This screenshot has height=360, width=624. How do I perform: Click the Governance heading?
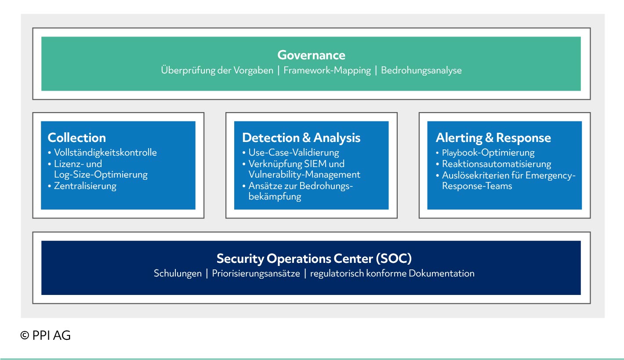(311, 55)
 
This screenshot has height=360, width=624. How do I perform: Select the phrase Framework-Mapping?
(327, 70)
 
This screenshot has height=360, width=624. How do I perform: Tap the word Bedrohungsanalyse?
(421, 70)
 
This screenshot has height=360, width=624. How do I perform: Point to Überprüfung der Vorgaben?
(217, 70)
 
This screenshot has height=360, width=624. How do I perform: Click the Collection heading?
(76, 138)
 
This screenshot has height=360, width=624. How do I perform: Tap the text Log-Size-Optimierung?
(101, 175)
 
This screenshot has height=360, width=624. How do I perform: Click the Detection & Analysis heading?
(301, 138)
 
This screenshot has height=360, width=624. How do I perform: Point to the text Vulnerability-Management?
(304, 175)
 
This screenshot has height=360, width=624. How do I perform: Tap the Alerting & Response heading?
(493, 138)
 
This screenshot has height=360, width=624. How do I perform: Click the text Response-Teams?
(477, 186)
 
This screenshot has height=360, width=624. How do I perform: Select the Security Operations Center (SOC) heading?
(314, 258)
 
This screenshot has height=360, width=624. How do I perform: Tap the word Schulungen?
(178, 273)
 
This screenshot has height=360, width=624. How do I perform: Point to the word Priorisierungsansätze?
(256, 273)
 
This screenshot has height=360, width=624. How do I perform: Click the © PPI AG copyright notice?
(45, 335)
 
